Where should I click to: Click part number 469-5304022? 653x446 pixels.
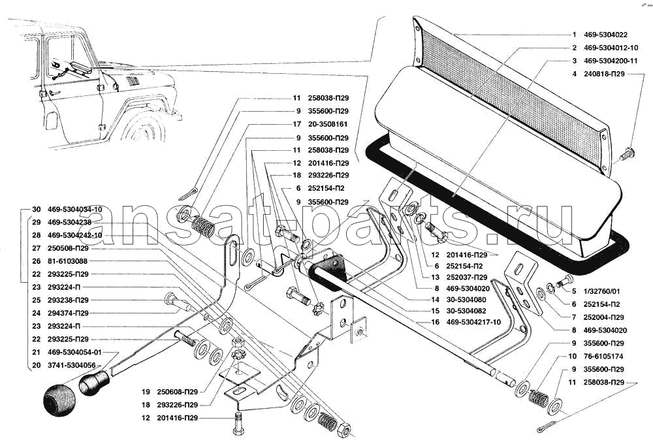[x=605, y=35]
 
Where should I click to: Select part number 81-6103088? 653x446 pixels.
[x=69, y=261]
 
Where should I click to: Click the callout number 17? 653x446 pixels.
[x=296, y=124]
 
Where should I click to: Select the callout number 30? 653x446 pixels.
[x=35, y=210]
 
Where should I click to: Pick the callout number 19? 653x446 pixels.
[x=148, y=392]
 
